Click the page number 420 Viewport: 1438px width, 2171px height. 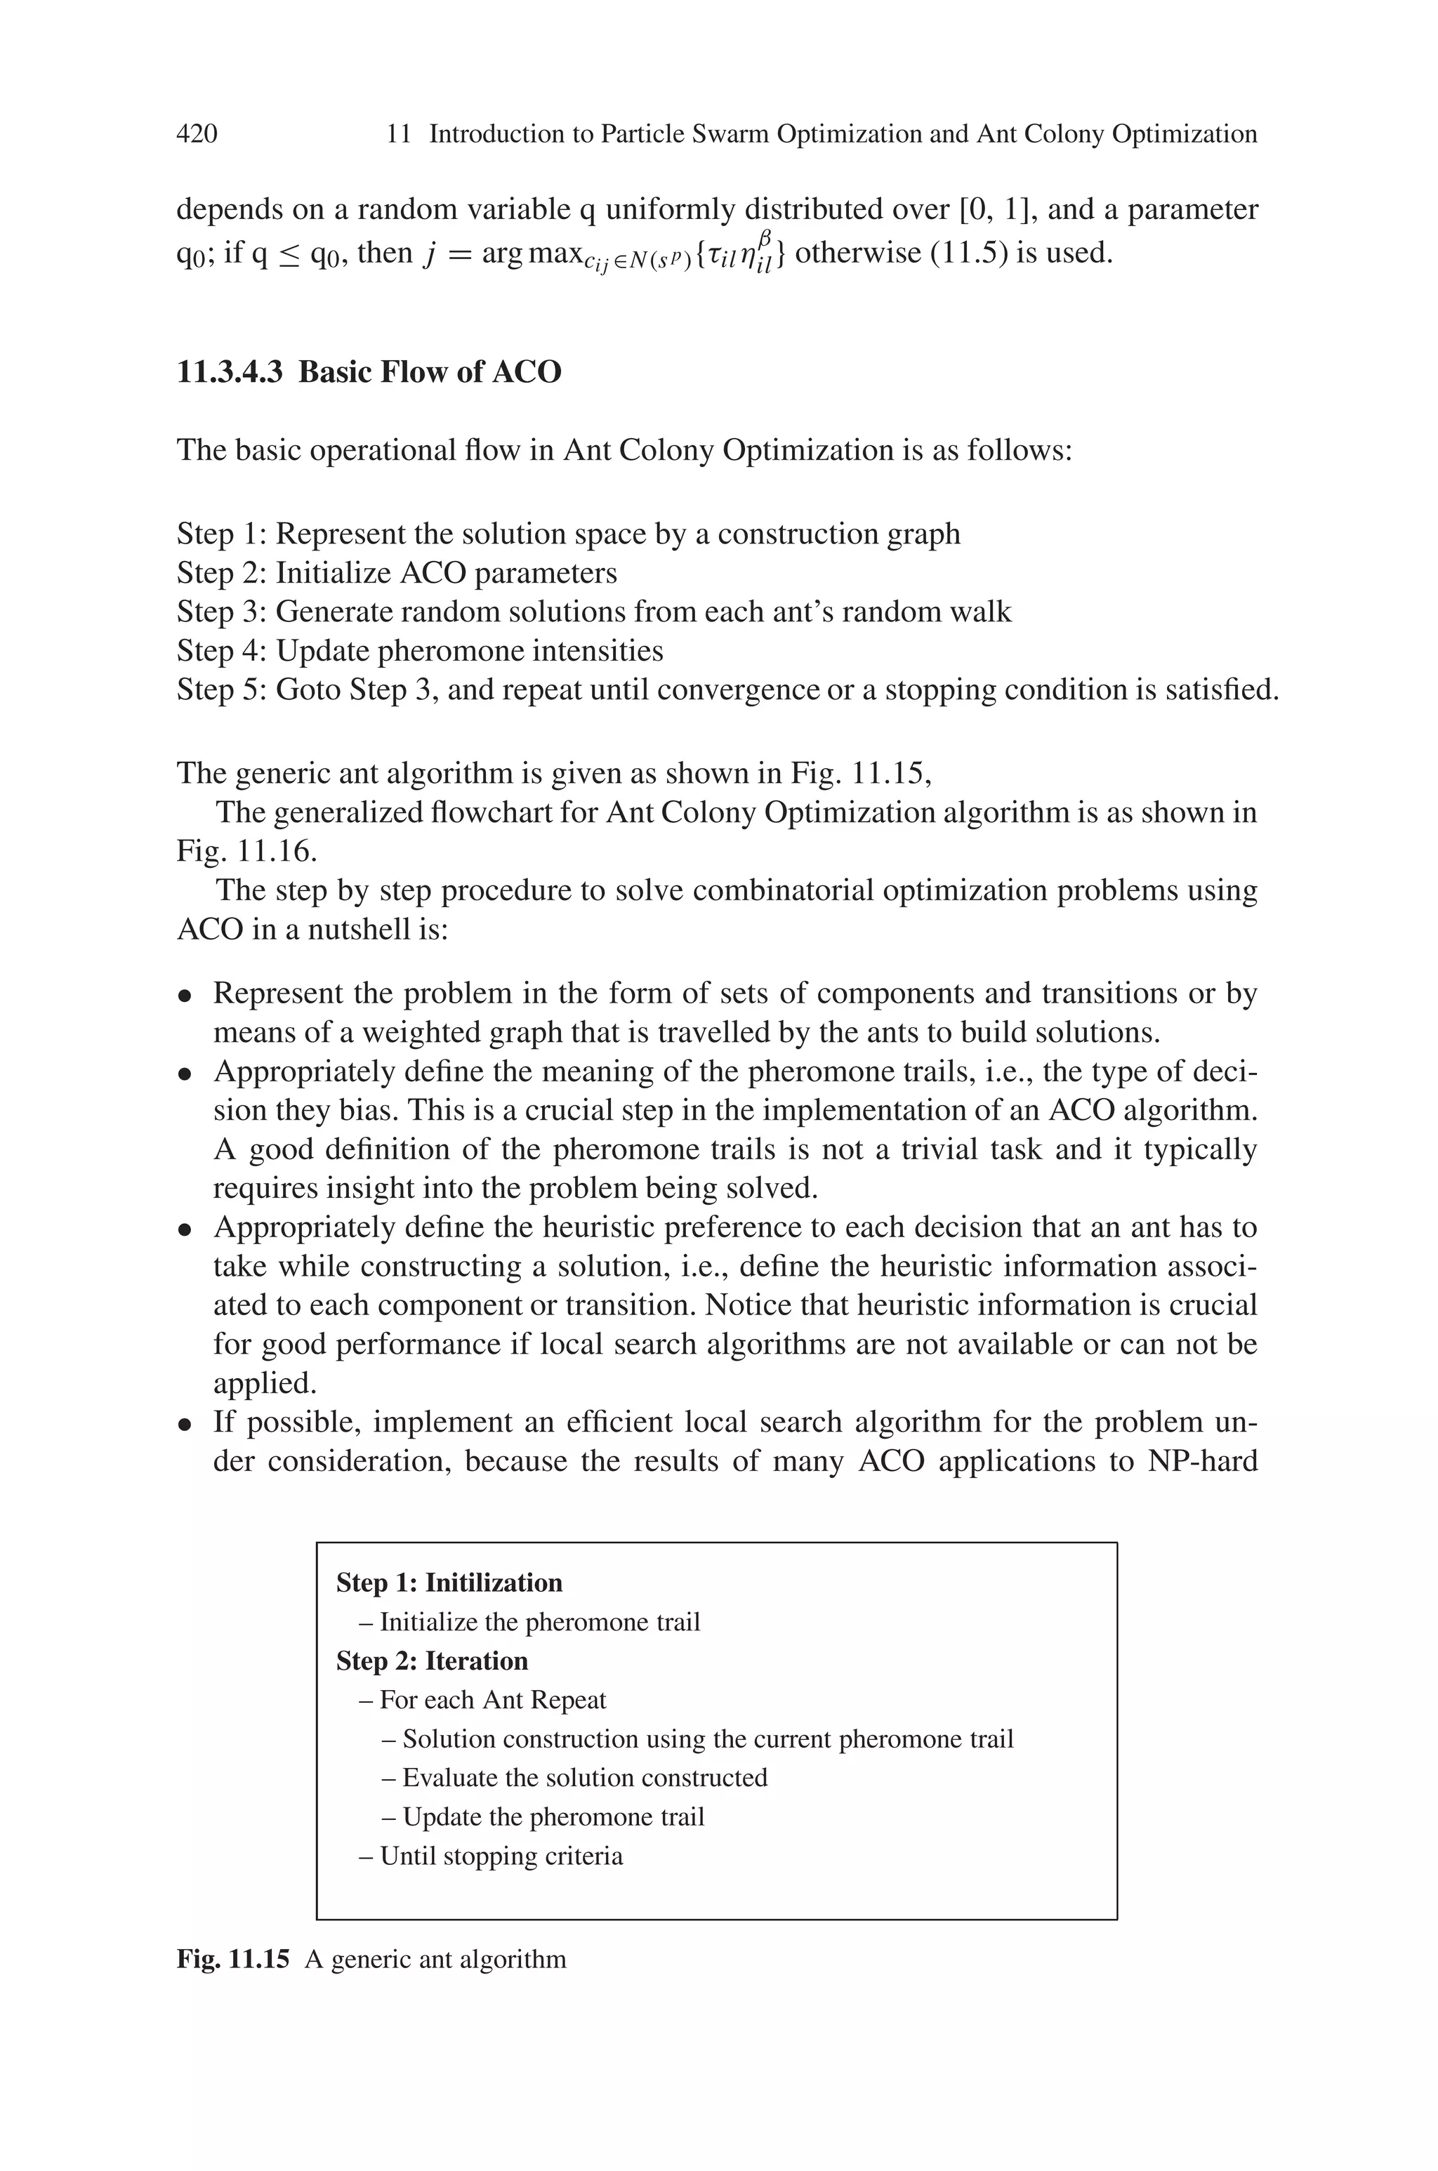197,135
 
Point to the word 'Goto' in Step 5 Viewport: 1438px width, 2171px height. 309,689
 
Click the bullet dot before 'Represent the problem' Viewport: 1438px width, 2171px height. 185,995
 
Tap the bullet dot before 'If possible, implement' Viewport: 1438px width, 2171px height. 185,1424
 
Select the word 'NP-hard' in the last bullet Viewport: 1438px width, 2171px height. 1201,1460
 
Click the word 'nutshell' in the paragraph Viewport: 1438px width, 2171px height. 363,930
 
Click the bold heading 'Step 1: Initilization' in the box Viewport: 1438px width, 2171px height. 449,1583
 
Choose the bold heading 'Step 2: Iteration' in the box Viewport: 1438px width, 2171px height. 432,1661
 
